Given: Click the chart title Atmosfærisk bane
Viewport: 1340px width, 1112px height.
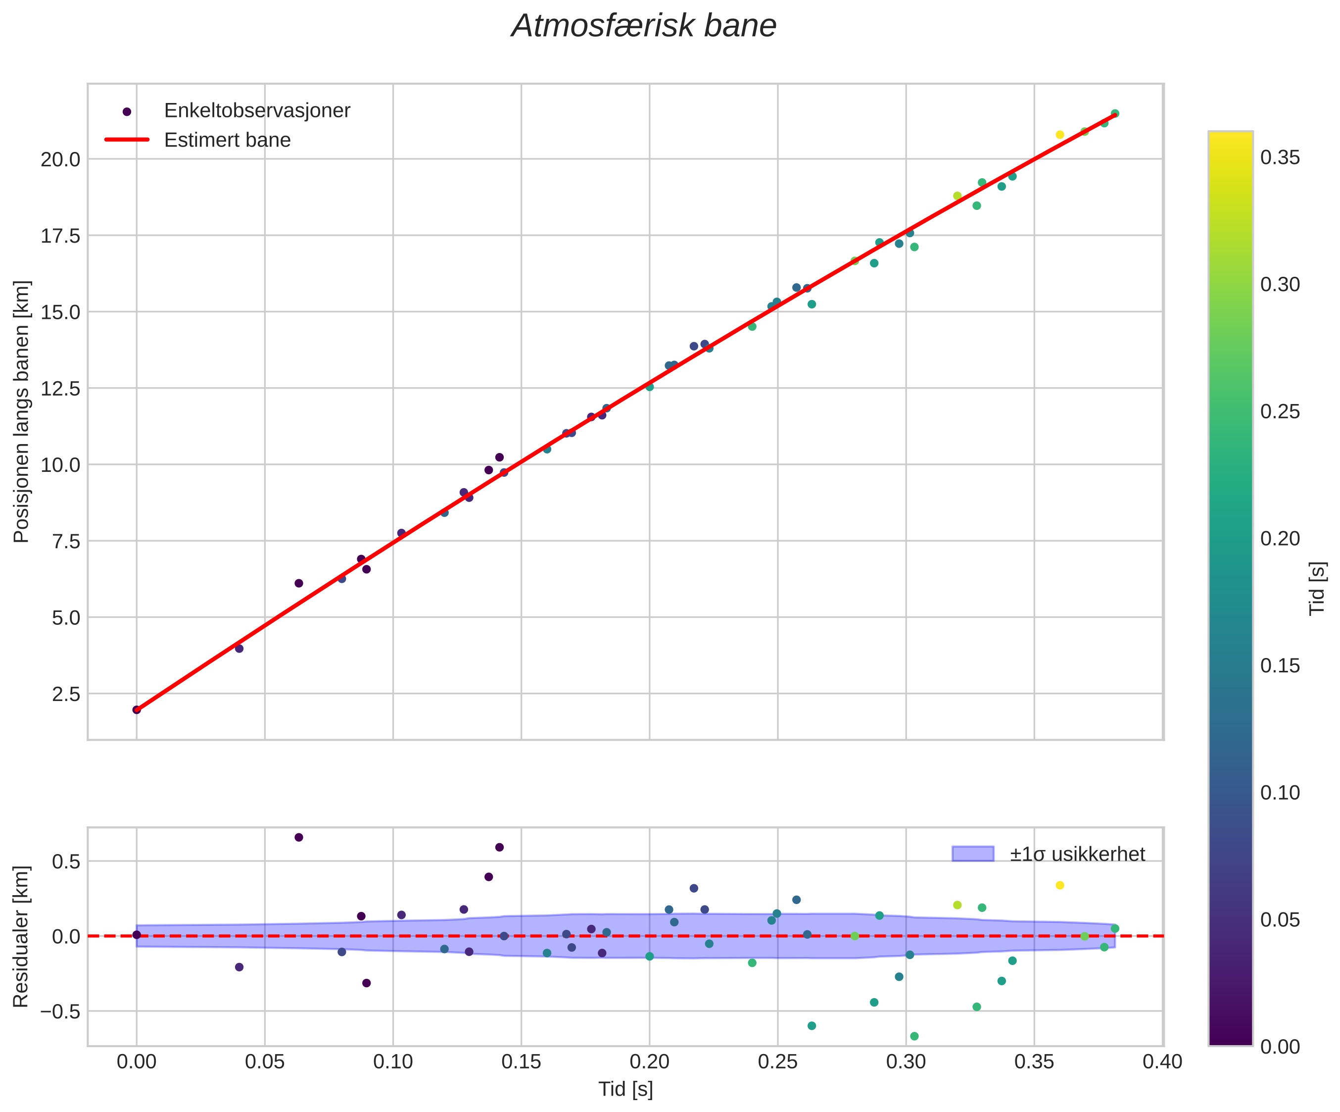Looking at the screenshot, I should [644, 27].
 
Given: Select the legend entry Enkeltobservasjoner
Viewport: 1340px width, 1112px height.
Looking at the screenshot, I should [257, 111].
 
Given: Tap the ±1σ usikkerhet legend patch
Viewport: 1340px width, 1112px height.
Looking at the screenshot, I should [972, 854].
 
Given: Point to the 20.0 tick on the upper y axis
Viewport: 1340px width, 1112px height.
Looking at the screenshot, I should [61, 159].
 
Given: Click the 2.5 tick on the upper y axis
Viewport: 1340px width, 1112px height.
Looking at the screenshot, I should [66, 694].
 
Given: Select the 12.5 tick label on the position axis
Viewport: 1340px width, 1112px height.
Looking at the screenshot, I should [61, 389].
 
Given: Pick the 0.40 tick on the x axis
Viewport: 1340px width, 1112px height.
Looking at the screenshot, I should [1163, 1062].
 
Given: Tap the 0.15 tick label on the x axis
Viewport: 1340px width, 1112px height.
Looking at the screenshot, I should [522, 1062].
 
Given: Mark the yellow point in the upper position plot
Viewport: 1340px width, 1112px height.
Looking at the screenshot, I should [1060, 135].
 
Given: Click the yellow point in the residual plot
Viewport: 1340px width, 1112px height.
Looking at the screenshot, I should [1060, 885].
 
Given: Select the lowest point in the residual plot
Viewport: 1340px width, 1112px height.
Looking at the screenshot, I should [914, 1036].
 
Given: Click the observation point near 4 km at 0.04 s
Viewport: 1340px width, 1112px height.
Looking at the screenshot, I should [239, 649].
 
